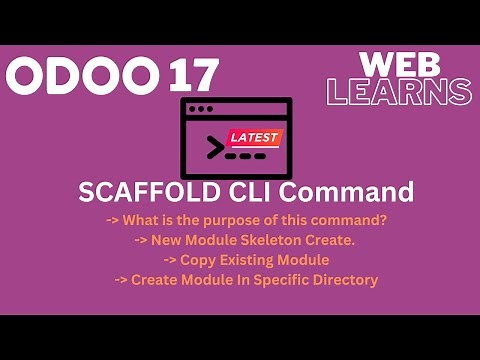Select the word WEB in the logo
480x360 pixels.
(x=400, y=65)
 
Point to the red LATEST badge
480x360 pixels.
(x=254, y=138)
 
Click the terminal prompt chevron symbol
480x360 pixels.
(x=213, y=149)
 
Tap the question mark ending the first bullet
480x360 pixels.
(x=385, y=219)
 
